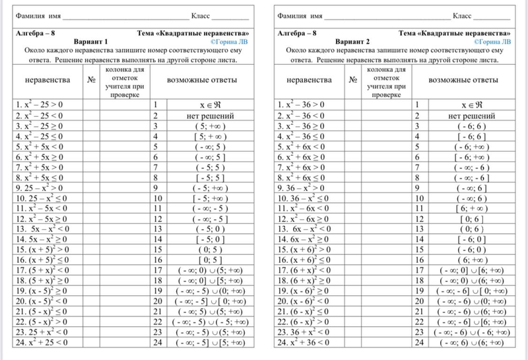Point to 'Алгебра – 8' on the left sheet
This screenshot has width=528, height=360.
[x=34, y=32]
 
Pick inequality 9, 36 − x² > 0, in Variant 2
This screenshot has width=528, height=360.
[x=302, y=187]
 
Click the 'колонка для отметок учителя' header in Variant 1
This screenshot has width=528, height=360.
[x=123, y=81]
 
